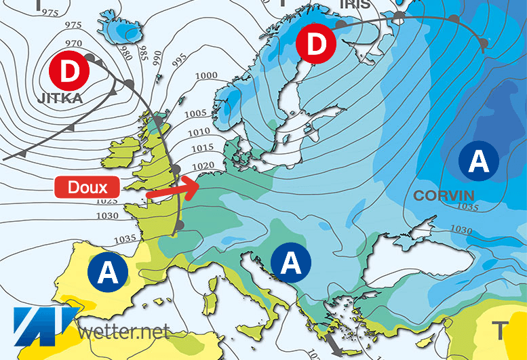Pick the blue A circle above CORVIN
[x=478, y=161]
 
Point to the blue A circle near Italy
[x=290, y=262]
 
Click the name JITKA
[x=60, y=98]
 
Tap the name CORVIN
[x=443, y=196]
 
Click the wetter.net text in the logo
[x=123, y=332]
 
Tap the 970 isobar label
[x=74, y=43]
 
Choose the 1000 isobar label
[x=206, y=76]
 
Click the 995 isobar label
[x=179, y=62]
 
